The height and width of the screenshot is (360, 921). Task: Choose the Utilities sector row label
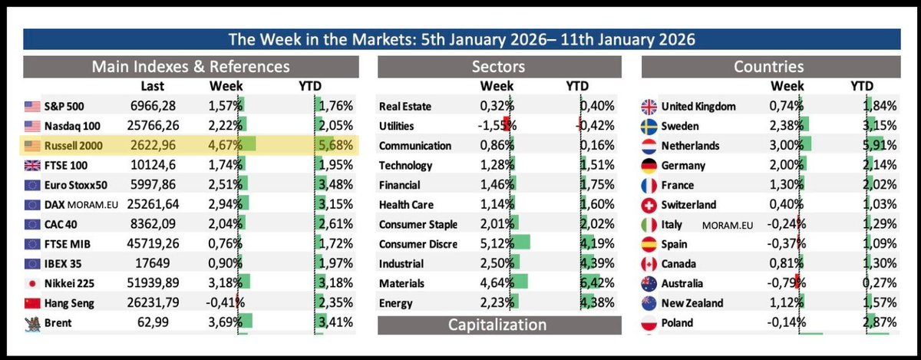coord(398,125)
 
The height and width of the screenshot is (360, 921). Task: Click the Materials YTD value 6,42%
coord(597,283)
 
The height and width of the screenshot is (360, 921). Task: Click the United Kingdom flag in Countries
coord(649,106)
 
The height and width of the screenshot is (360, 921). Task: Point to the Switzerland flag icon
coord(649,205)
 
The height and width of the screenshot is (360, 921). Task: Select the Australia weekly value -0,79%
coord(784,283)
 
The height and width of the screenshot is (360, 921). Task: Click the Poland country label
coord(677,323)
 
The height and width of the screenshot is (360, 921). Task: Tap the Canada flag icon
coord(649,264)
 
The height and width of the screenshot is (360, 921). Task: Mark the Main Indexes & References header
coord(190,67)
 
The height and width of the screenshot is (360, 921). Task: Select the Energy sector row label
coord(396,303)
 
